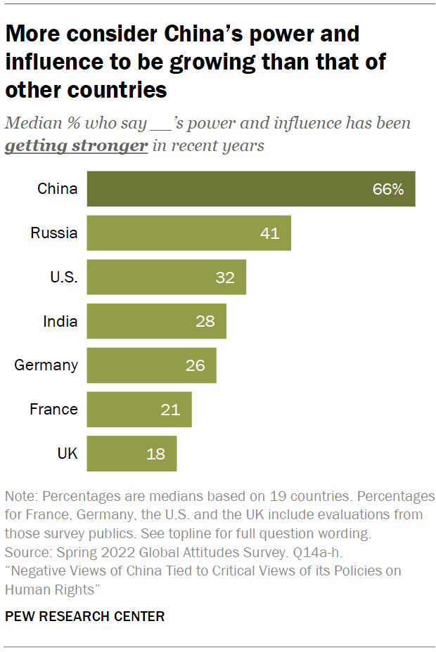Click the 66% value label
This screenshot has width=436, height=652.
[388, 189]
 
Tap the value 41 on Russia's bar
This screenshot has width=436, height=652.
[269, 233]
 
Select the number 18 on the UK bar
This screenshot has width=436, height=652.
[155, 454]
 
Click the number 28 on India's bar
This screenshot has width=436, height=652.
[205, 322]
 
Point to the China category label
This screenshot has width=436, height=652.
[58, 189]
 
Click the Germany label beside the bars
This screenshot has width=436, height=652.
[46, 365]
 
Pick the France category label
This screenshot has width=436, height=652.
[53, 410]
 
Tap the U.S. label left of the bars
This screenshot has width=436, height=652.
[63, 278]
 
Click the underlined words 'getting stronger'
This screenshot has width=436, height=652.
[76, 146]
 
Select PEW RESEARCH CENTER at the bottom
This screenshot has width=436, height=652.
[85, 616]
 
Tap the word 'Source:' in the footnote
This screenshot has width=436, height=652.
[27, 551]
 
